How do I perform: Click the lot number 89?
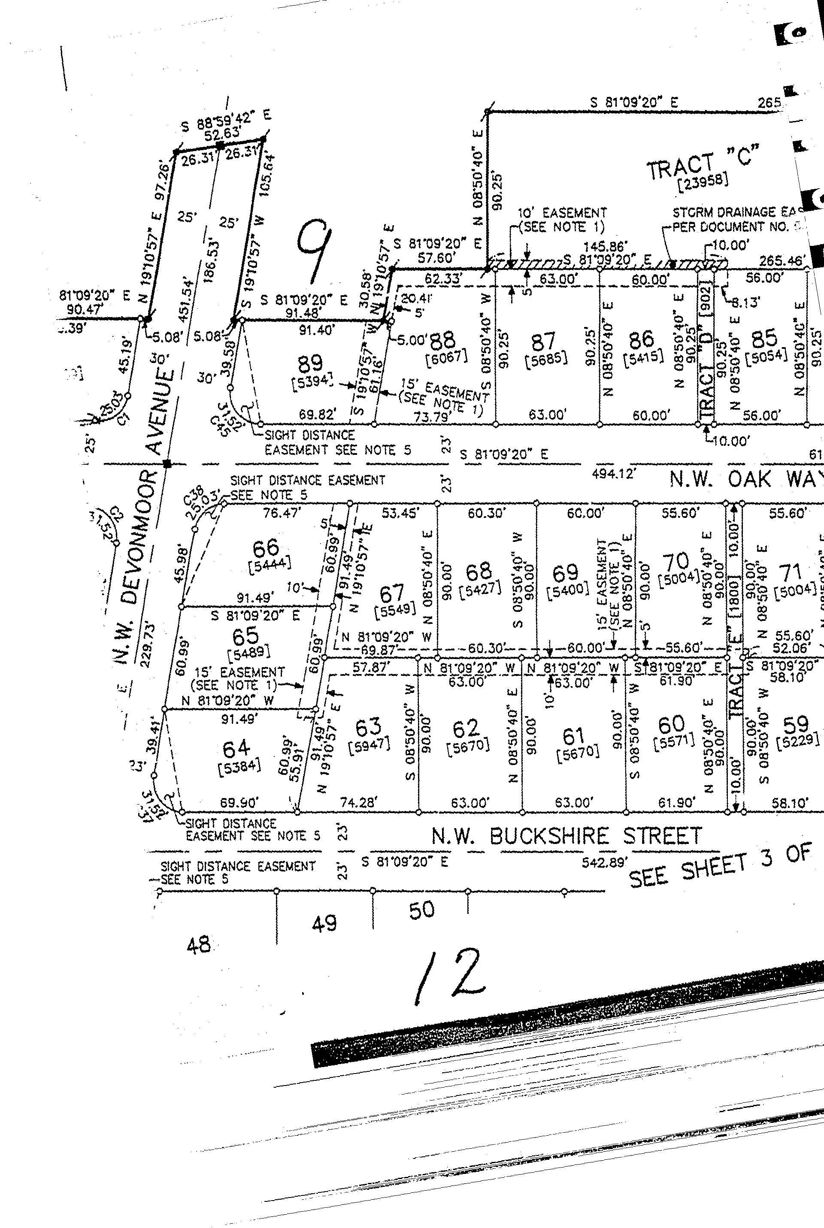310,363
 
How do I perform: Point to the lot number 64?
236,747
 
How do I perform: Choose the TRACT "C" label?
703,162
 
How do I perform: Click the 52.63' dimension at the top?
222,133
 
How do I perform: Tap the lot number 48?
199,945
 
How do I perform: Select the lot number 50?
421,909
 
